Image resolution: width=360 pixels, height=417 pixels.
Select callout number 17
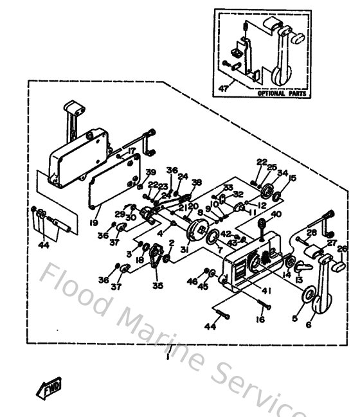(x=132, y=152)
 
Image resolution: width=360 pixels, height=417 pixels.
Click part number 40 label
(x=276, y=214)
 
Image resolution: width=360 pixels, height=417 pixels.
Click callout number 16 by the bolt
(x=260, y=319)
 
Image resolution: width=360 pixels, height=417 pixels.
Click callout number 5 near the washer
(x=295, y=317)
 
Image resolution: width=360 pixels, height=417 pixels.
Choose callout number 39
(x=150, y=172)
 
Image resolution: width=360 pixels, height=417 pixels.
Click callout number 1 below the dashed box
(x=166, y=355)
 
